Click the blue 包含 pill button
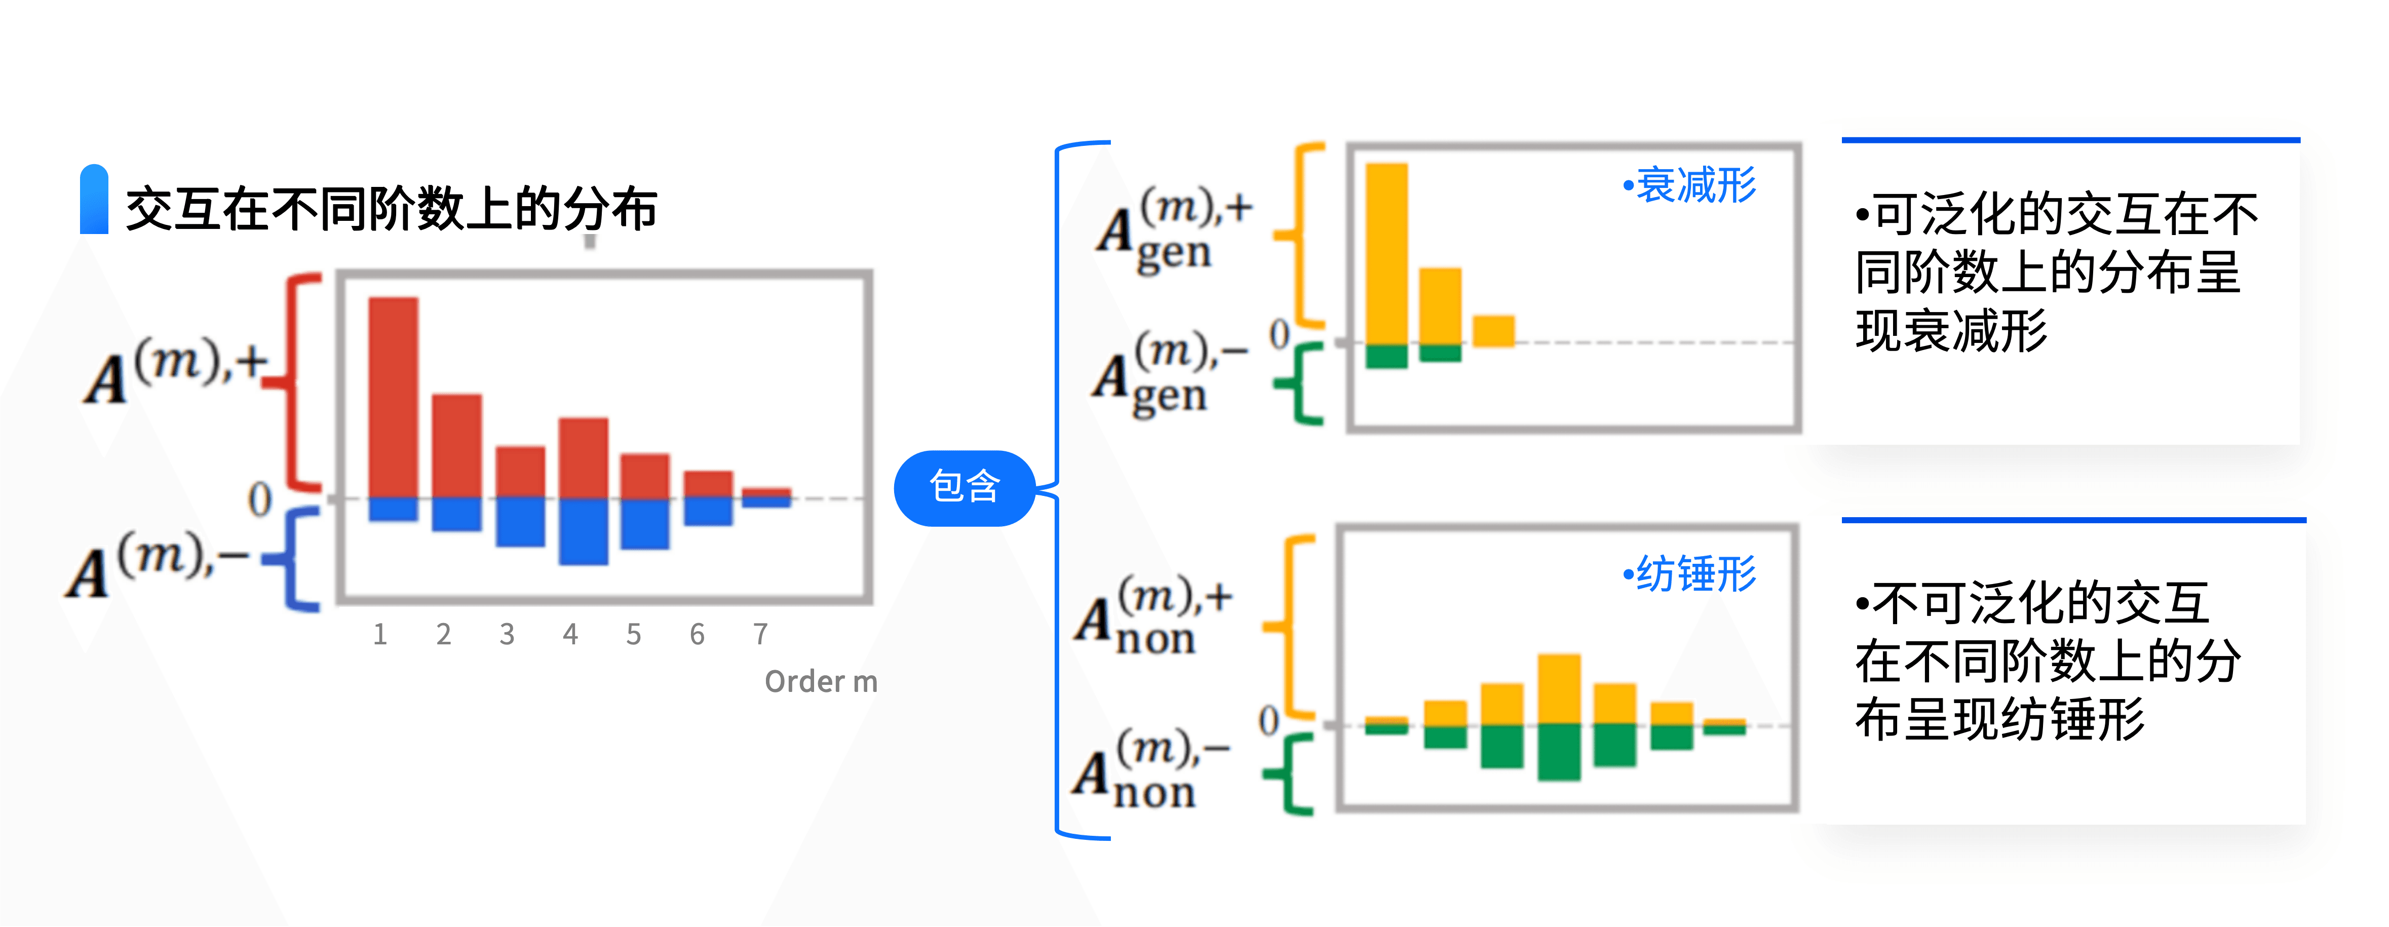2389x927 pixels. (965, 488)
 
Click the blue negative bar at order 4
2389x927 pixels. (584, 531)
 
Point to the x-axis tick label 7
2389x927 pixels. (760, 634)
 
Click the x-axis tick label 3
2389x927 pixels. (507, 634)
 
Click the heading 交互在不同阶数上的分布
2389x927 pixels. (392, 209)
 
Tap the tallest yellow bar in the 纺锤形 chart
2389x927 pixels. (1559, 689)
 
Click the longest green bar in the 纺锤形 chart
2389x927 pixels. (1559, 752)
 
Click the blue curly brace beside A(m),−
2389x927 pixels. (295, 559)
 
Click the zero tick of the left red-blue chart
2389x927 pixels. (260, 499)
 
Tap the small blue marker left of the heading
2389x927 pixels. (94, 199)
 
